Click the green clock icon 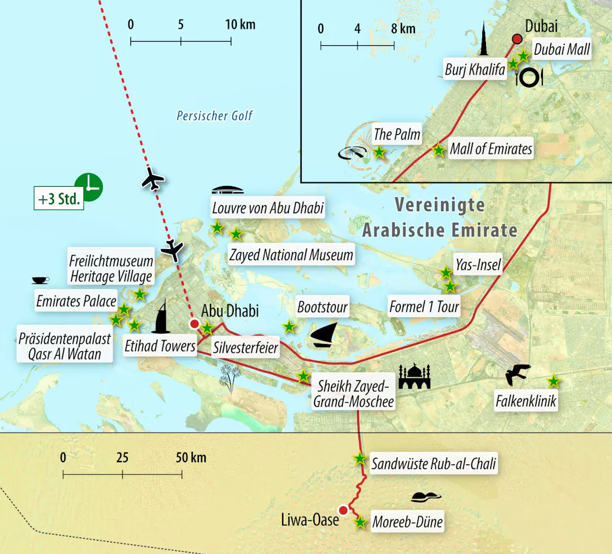coord(88,186)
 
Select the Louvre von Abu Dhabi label coord(267,208)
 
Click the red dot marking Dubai coord(517,39)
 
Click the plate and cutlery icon coord(529,77)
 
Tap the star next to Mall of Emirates coord(438,149)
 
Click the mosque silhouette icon coord(415,377)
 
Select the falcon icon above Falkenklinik coord(518,375)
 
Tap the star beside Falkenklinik coord(553,381)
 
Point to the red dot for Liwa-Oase coord(343,511)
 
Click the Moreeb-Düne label coord(407,522)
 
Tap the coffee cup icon coord(40,280)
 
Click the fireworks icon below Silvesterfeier coord(231,376)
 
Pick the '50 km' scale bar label coord(190,458)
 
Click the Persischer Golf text coord(214,116)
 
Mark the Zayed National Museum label coord(290,254)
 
